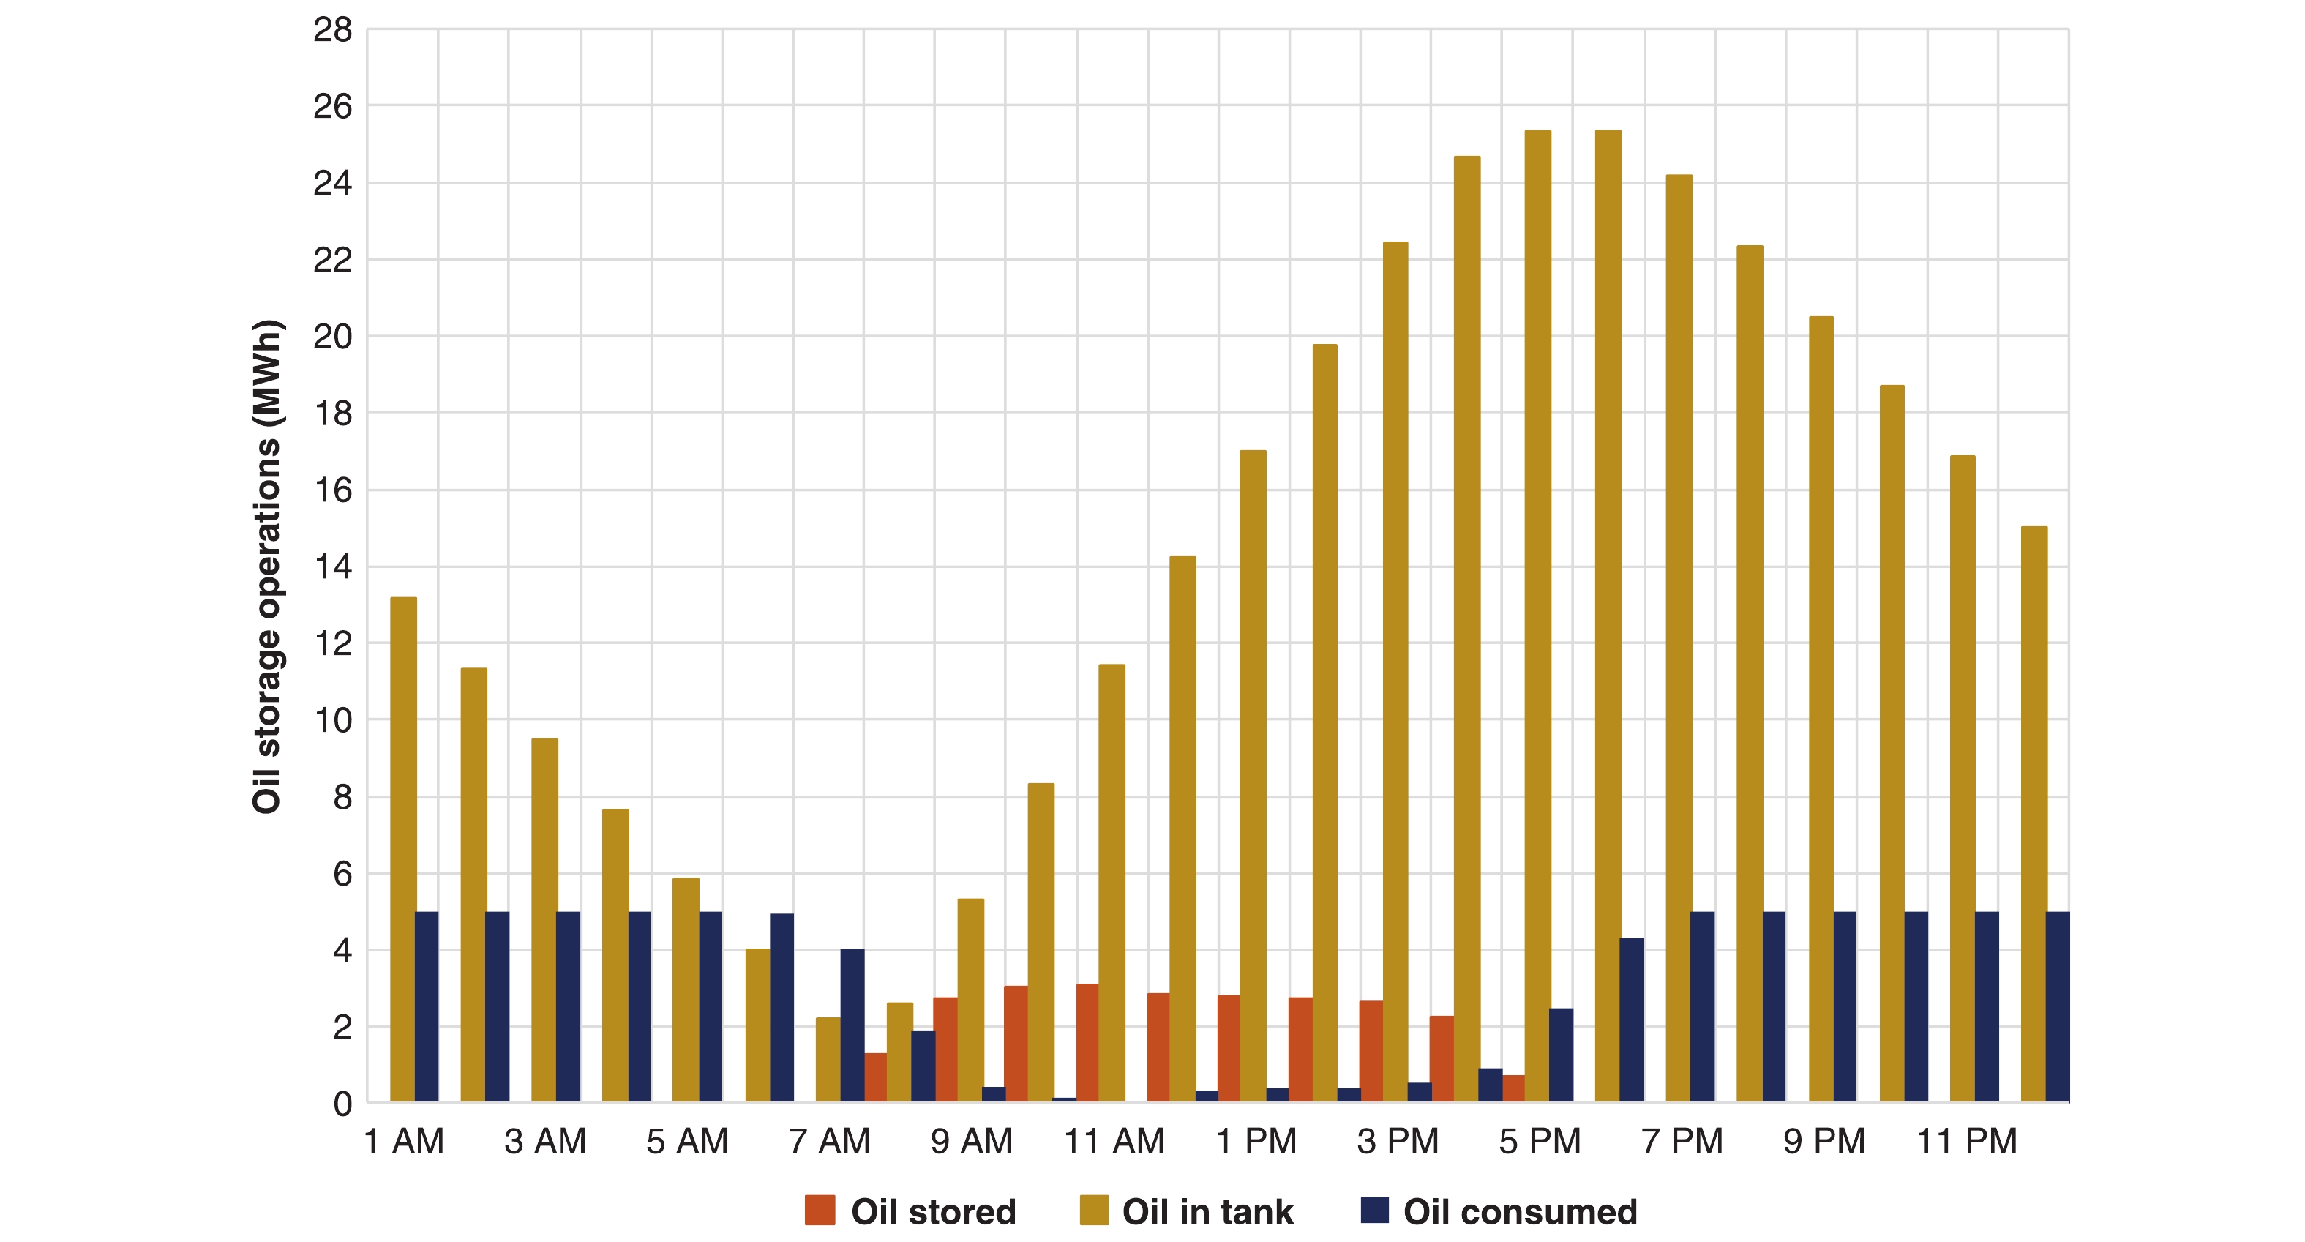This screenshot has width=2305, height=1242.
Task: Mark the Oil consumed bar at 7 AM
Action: pyautogui.click(x=852, y=1025)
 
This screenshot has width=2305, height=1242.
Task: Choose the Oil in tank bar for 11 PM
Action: pyautogui.click(x=1963, y=779)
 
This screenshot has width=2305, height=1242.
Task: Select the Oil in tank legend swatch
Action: pyautogui.click(x=1093, y=1210)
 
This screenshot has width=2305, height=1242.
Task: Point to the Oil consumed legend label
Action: pyautogui.click(x=1519, y=1211)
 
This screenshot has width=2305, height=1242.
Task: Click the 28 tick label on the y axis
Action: pyautogui.click(x=333, y=31)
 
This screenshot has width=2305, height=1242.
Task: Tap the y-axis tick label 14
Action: pyautogui.click(x=333, y=566)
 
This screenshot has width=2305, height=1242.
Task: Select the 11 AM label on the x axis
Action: pyautogui.click(x=1113, y=1141)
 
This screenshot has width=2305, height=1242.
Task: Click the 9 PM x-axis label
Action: pyautogui.click(x=1824, y=1141)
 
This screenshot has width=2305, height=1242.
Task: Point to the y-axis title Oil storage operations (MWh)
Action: pyautogui.click(x=266, y=566)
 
